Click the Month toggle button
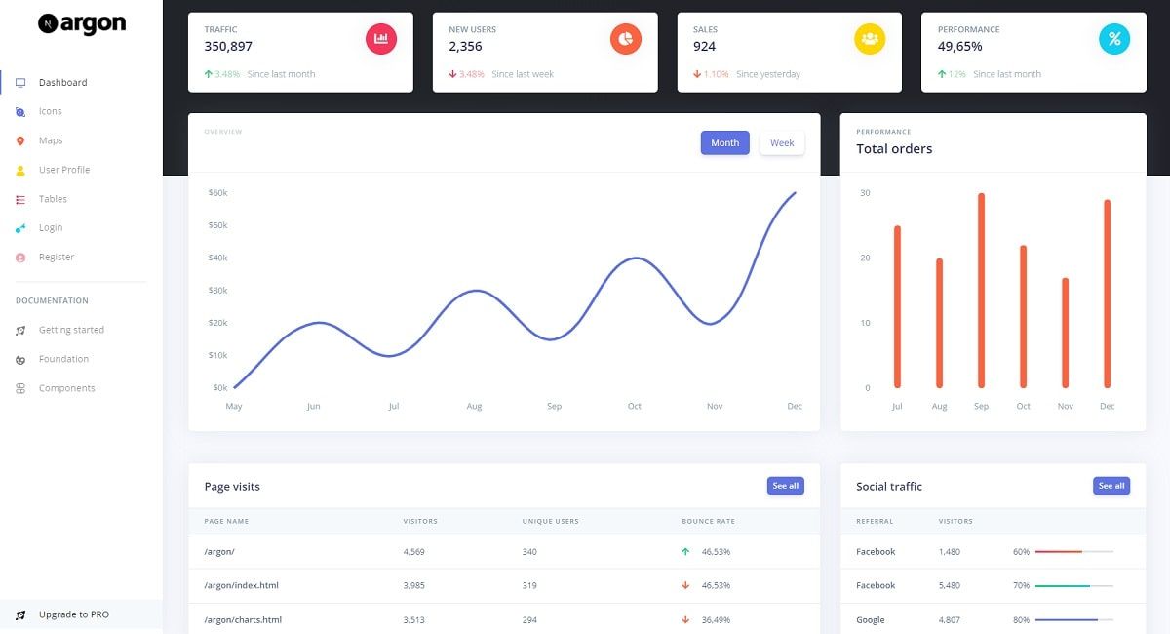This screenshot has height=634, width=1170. tap(724, 143)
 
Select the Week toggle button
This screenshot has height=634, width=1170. tap(782, 143)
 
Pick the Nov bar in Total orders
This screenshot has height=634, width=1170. tap(1065, 333)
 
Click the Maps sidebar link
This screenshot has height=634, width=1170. tap(51, 140)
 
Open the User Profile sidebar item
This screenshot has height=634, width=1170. tap(63, 170)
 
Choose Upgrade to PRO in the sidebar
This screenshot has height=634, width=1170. tap(73, 614)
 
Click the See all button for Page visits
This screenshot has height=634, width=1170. tap(785, 486)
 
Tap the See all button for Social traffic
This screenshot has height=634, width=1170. tap(1111, 486)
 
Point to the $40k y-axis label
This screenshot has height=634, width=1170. tap(217, 258)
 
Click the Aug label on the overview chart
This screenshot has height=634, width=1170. tap(474, 406)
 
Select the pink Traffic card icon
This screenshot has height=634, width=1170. tap(381, 39)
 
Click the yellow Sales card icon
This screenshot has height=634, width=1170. tap(870, 39)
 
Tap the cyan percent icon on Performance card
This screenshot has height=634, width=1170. tap(1113, 39)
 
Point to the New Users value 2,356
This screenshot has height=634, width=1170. tap(465, 46)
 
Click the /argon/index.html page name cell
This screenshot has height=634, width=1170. tap(241, 585)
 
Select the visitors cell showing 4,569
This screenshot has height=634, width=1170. tap(414, 552)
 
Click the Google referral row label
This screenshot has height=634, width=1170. tap(871, 619)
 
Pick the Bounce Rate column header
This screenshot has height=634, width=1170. tap(708, 522)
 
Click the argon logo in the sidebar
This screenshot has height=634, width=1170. tap(82, 24)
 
